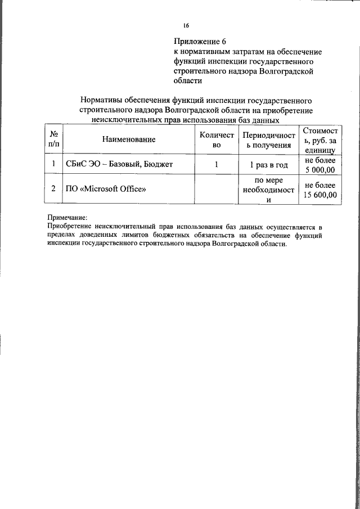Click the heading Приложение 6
pos(200,42)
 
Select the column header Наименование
pos(129,139)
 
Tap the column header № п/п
pos(54,139)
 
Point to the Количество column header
pos(216,139)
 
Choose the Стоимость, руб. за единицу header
pos(319,140)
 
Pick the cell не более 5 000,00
pos(319,165)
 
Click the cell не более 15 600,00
pos(319,190)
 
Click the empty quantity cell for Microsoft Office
pos(216,190)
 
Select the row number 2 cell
pos(53,189)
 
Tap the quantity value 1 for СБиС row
pos(216,165)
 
